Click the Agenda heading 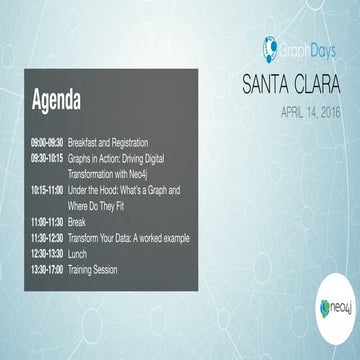point(57,101)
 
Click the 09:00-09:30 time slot point(47,143)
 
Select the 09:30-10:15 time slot point(47,158)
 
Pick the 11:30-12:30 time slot point(47,238)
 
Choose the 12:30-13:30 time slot point(47,254)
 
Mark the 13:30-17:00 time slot point(47,270)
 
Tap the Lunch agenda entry point(78,254)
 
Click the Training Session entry point(96,270)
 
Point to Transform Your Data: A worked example point(128,238)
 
